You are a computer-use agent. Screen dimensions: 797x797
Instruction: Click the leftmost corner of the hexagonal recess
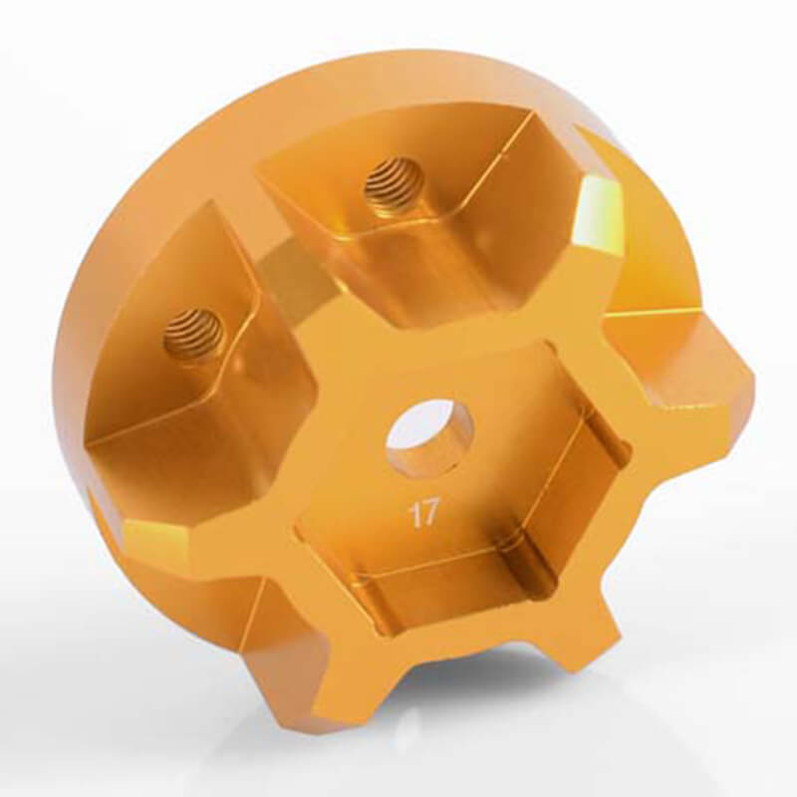299,498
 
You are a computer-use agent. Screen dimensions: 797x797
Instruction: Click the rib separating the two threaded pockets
289,269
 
